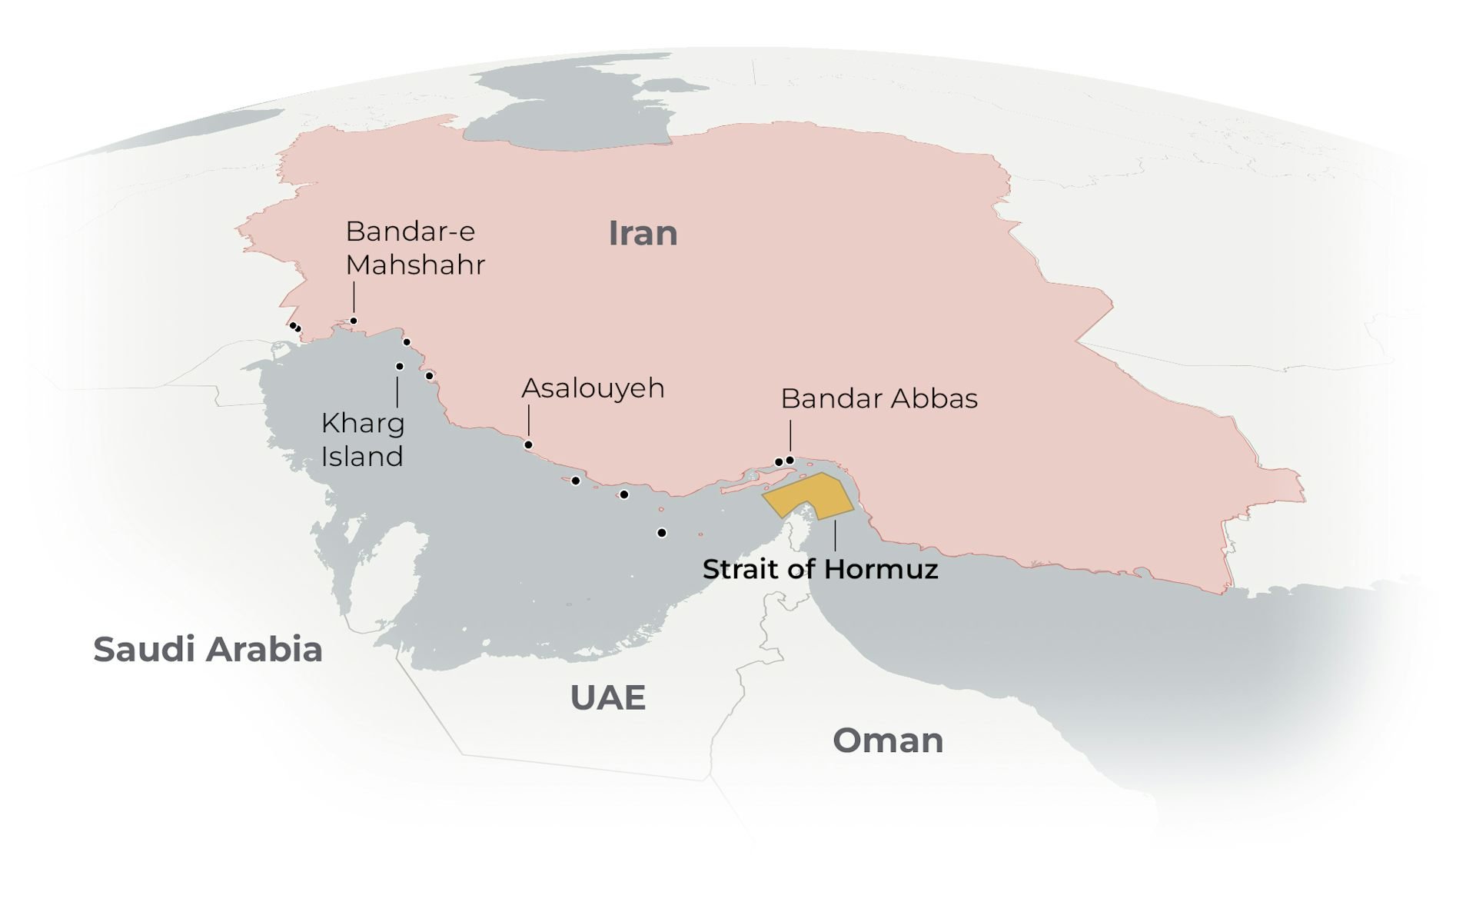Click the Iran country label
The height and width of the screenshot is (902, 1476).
[x=643, y=233]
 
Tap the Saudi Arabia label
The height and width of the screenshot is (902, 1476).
[x=208, y=650]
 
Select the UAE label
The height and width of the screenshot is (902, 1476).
[x=607, y=698]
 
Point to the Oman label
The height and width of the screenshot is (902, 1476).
[x=888, y=741]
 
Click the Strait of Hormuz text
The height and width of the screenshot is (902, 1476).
[x=819, y=570]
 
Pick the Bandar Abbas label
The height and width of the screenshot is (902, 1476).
[x=879, y=399]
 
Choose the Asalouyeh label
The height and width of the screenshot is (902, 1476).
[x=593, y=388]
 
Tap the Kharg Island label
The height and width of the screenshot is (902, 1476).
[x=362, y=440]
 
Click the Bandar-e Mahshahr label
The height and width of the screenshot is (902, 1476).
[x=414, y=248]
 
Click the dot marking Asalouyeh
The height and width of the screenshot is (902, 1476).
[x=528, y=445]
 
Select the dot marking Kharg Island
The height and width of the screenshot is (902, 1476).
[x=399, y=367]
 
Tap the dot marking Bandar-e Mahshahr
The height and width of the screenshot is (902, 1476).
[x=354, y=321]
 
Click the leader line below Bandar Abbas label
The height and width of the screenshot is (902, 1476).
[x=790, y=437]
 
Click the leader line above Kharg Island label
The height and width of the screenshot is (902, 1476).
[x=397, y=392]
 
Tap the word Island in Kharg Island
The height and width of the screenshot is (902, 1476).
[x=362, y=457]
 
